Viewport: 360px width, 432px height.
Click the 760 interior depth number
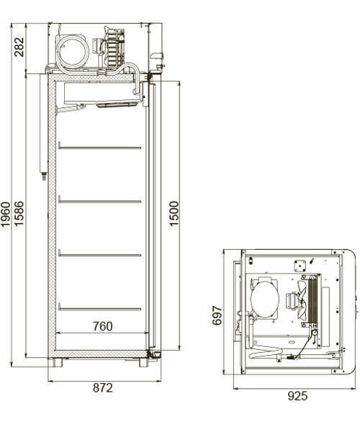click(102, 326)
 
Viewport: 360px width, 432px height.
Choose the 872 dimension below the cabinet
click(103, 388)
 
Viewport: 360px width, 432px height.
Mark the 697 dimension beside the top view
click(217, 314)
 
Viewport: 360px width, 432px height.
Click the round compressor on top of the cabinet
click(73, 50)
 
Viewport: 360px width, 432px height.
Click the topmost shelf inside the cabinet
click(99, 148)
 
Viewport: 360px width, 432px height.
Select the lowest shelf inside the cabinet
click(99, 308)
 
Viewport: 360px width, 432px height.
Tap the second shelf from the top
click(99, 201)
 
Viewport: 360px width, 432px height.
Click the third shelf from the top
click(99, 253)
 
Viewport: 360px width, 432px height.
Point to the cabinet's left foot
click(57, 362)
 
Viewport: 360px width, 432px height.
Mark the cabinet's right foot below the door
click(143, 362)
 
